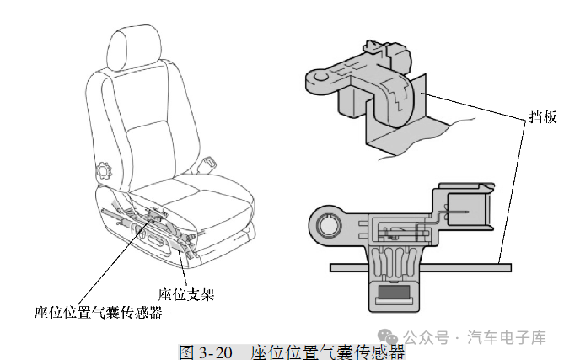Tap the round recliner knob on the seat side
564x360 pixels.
click(105, 170)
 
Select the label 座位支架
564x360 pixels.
click(186, 294)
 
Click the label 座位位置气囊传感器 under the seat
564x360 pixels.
click(99, 312)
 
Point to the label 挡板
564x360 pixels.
click(543, 117)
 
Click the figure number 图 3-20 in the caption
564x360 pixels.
click(206, 352)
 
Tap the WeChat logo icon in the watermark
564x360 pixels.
click(388, 336)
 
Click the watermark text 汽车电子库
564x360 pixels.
click(507, 337)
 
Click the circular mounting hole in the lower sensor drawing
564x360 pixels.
click(329, 225)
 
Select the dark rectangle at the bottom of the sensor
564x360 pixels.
click(395, 292)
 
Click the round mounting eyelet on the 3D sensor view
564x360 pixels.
click(321, 76)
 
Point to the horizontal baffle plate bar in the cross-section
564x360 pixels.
click(421, 267)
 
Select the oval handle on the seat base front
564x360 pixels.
click(156, 239)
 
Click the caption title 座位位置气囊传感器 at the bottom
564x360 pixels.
click(328, 352)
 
